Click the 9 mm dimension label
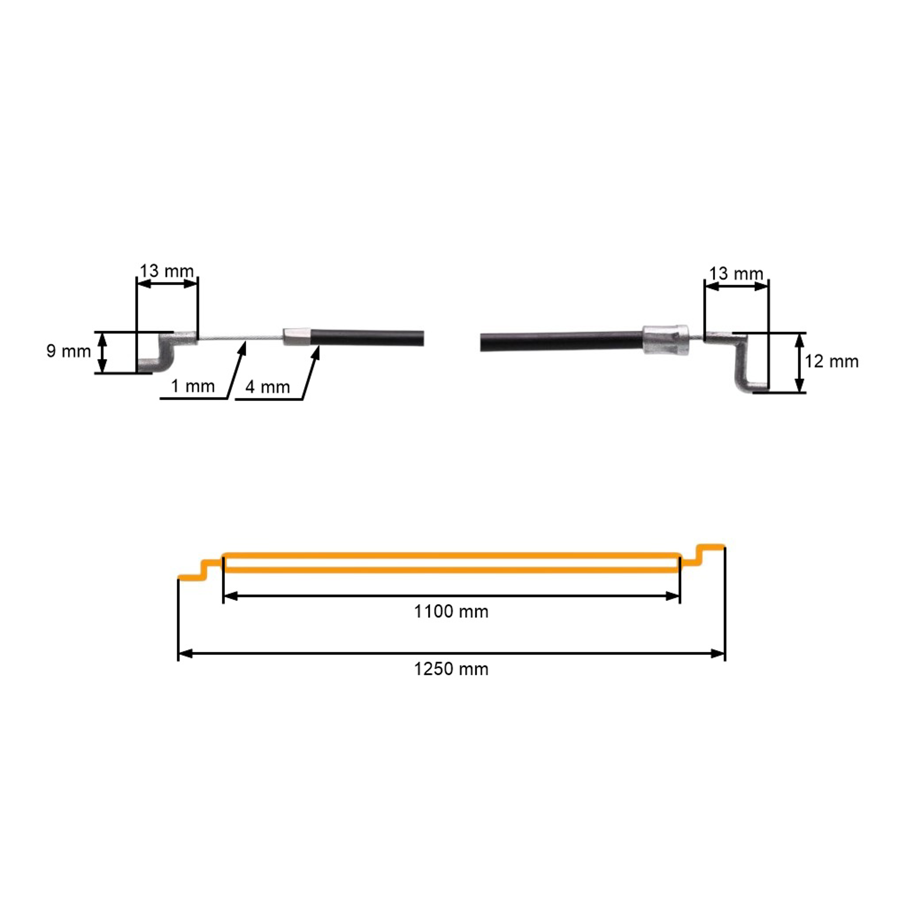(x=69, y=351)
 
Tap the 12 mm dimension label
(x=831, y=361)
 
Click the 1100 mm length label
(x=451, y=612)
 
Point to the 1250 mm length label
(x=451, y=669)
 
